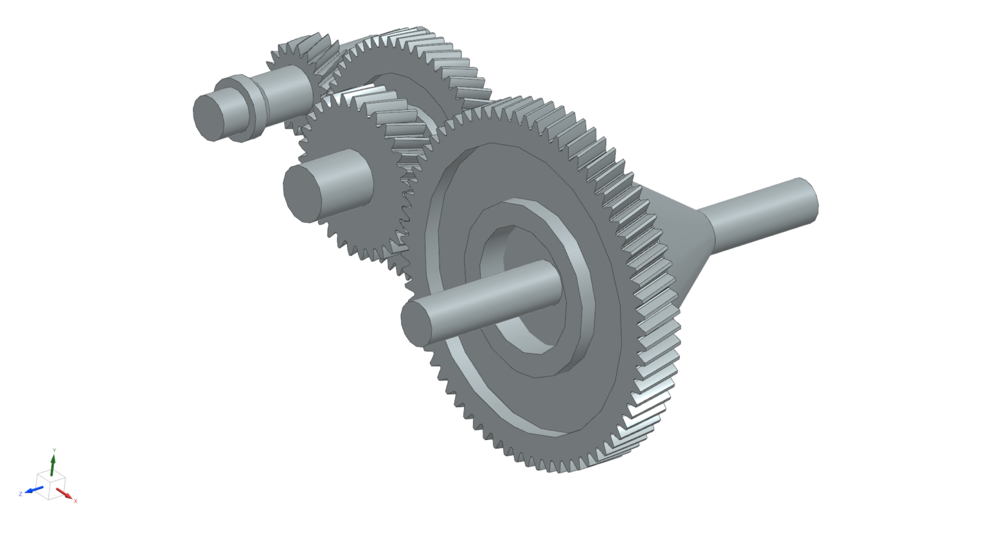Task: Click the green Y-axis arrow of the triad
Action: point(53,464)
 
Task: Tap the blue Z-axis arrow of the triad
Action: point(33,491)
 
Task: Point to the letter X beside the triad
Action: point(75,501)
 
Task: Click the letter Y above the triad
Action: point(54,450)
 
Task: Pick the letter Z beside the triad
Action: point(21,493)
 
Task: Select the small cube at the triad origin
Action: point(50,482)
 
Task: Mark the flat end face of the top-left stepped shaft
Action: point(209,116)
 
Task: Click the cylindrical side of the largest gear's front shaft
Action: point(495,289)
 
